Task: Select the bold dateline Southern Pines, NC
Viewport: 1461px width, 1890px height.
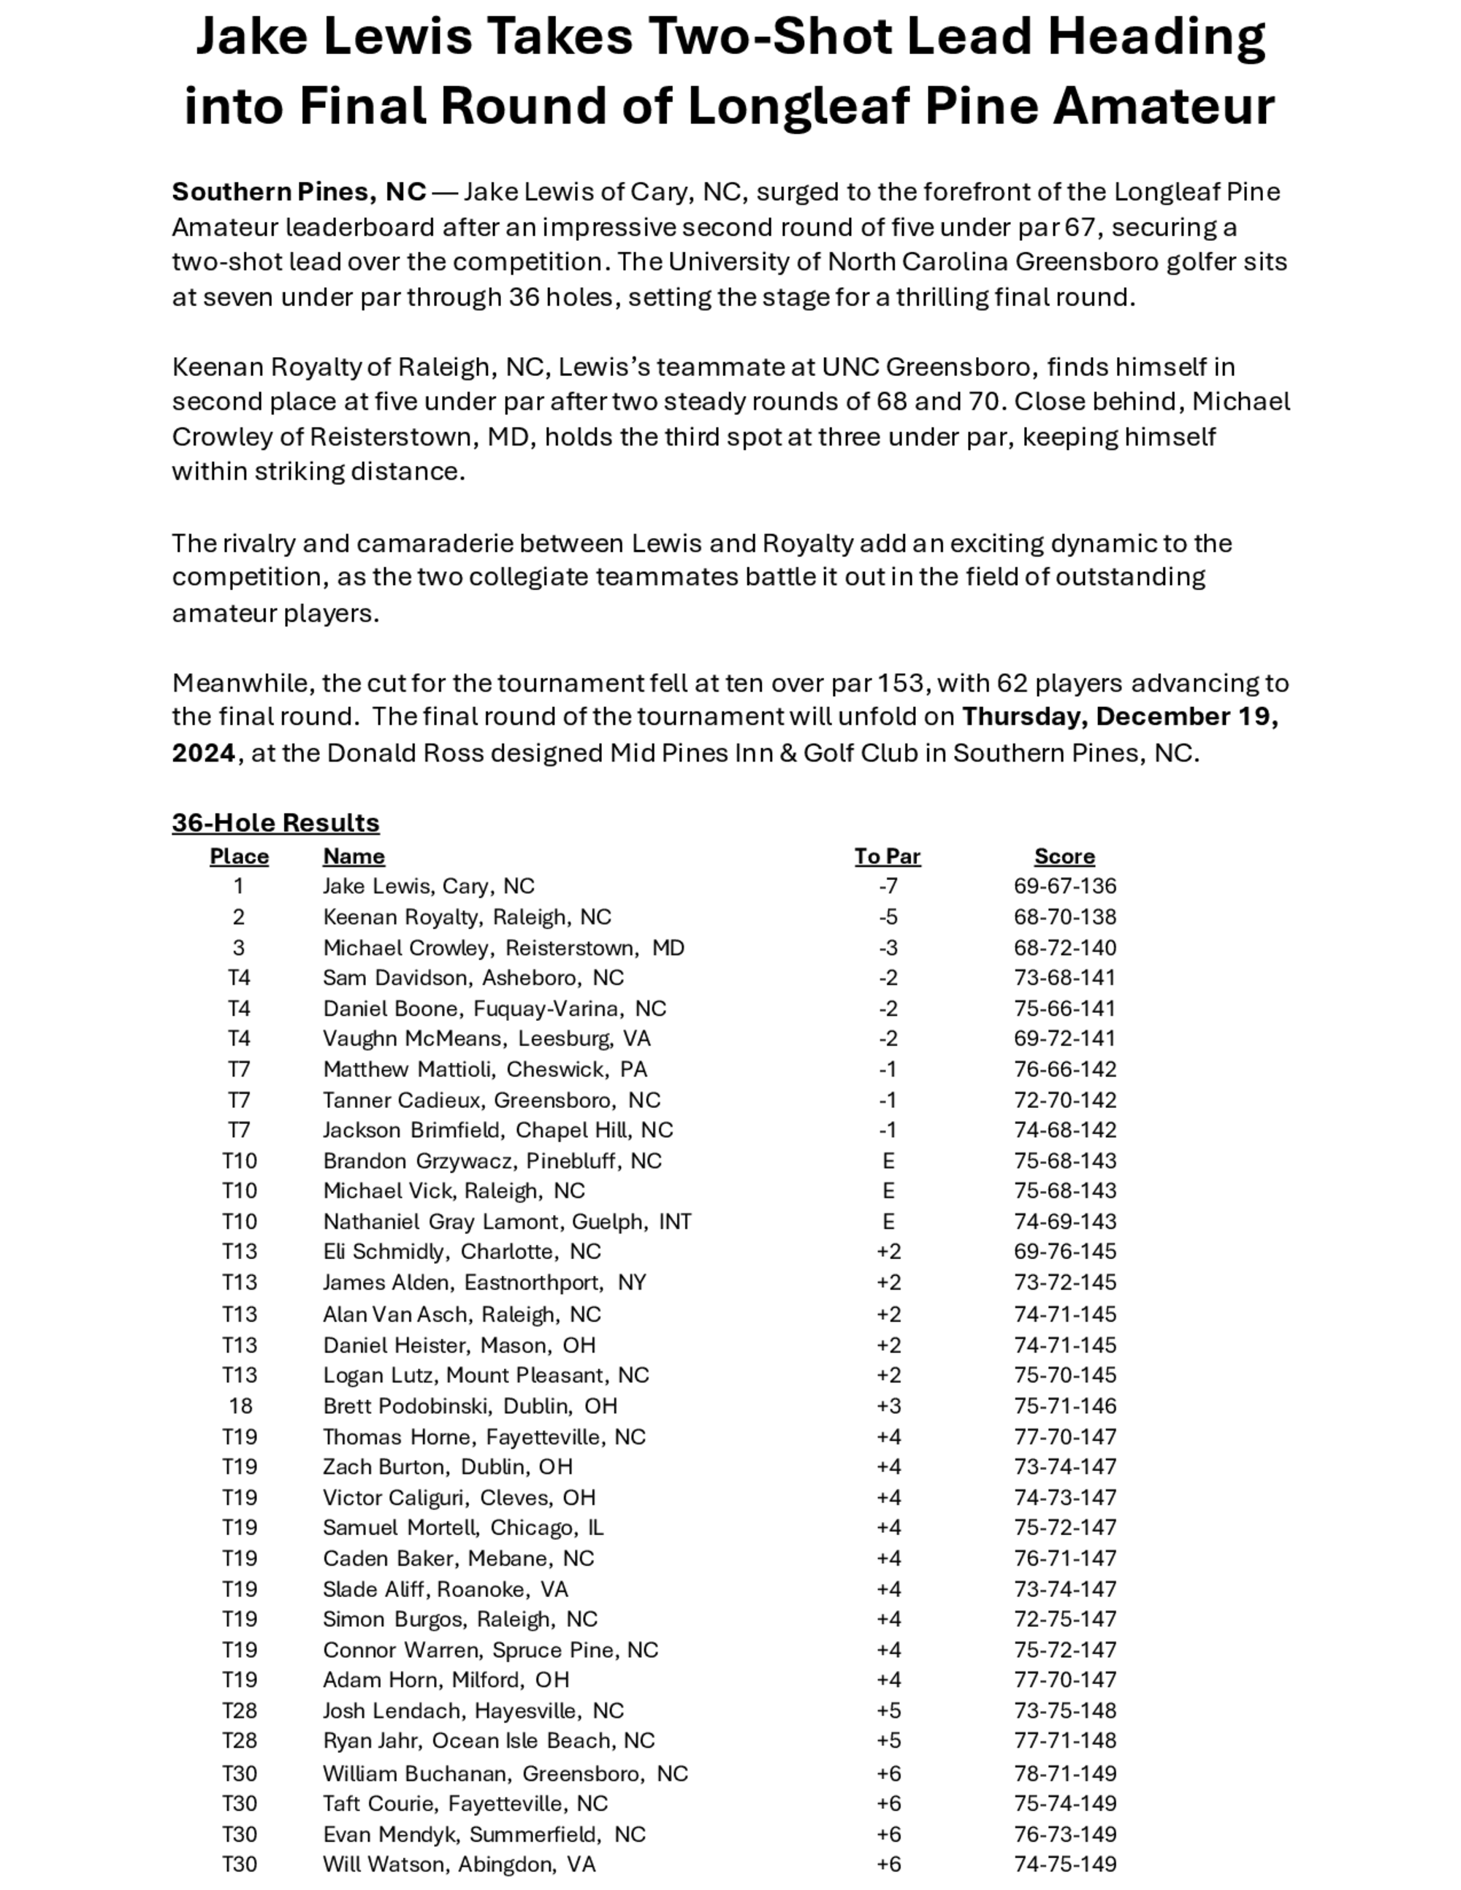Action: tap(299, 191)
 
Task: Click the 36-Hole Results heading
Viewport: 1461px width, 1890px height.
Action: tap(275, 822)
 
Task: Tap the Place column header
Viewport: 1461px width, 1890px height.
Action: tap(239, 857)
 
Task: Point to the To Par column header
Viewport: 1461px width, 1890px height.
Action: tap(887, 857)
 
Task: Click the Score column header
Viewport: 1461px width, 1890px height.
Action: tap(1064, 857)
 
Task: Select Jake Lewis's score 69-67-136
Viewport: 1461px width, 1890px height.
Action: tap(1064, 886)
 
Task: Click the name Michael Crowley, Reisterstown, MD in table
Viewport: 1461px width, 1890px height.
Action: tap(503, 948)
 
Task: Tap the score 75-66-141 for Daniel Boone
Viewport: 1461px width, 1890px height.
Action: tap(1064, 1009)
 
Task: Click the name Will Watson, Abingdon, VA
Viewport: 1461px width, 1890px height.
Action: tap(459, 1864)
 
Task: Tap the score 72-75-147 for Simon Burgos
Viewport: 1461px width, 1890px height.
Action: tap(1064, 1619)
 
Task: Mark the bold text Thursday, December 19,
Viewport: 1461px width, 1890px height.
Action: tap(1120, 717)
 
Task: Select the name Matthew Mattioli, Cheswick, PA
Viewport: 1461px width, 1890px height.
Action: tap(485, 1070)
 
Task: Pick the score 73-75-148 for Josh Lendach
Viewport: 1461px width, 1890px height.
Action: tap(1064, 1711)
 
